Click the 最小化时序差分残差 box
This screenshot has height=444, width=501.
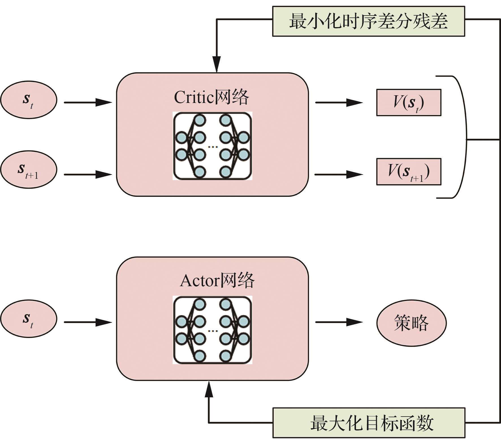(368, 21)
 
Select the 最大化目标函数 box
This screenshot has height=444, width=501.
(369, 423)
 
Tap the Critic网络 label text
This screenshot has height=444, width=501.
(211, 97)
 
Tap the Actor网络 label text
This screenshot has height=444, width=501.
(217, 281)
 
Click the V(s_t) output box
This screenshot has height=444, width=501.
(409, 102)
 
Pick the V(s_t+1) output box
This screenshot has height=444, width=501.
(409, 172)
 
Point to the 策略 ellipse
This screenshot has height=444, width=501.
(411, 322)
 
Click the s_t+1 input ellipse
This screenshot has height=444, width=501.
(29, 170)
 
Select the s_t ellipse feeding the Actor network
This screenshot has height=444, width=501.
(29, 319)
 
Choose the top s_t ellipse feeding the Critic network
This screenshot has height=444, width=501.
(29, 100)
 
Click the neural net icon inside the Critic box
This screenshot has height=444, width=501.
(212, 146)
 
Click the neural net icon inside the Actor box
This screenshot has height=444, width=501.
(212, 330)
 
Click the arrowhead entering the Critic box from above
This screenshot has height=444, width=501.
(217, 64)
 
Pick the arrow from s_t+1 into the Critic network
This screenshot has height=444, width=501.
(88, 174)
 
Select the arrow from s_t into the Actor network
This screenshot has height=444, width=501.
(88, 322)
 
